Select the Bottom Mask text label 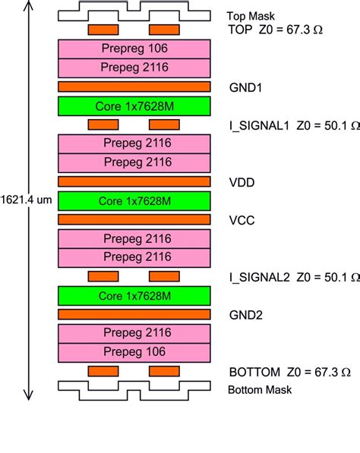coord(260,390)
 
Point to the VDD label coord(242,182)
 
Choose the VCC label coord(242,219)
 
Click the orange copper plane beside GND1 coord(134,87)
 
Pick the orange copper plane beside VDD coord(134,182)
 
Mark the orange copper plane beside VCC coord(134,219)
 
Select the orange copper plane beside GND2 coord(134,313)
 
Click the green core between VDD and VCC coord(134,200)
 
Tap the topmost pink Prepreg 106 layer coord(134,49)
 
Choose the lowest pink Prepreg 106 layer coord(134,351)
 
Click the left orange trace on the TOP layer coord(103,30)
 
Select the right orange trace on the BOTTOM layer coord(164,370)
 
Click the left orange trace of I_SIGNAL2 coord(103,275)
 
